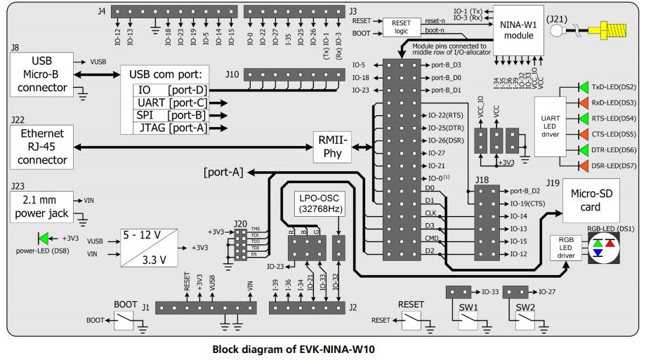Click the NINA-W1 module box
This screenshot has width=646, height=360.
pyautogui.click(x=518, y=29)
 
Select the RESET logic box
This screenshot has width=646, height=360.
pyautogui.click(x=402, y=27)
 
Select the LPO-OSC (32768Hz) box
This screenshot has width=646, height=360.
pyautogui.click(x=319, y=203)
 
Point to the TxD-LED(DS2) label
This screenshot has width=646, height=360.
pyautogui.click(x=614, y=88)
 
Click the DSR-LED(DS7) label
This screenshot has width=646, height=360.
pyautogui.click(x=614, y=166)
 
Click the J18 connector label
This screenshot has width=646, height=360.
pyautogui.click(x=482, y=180)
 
